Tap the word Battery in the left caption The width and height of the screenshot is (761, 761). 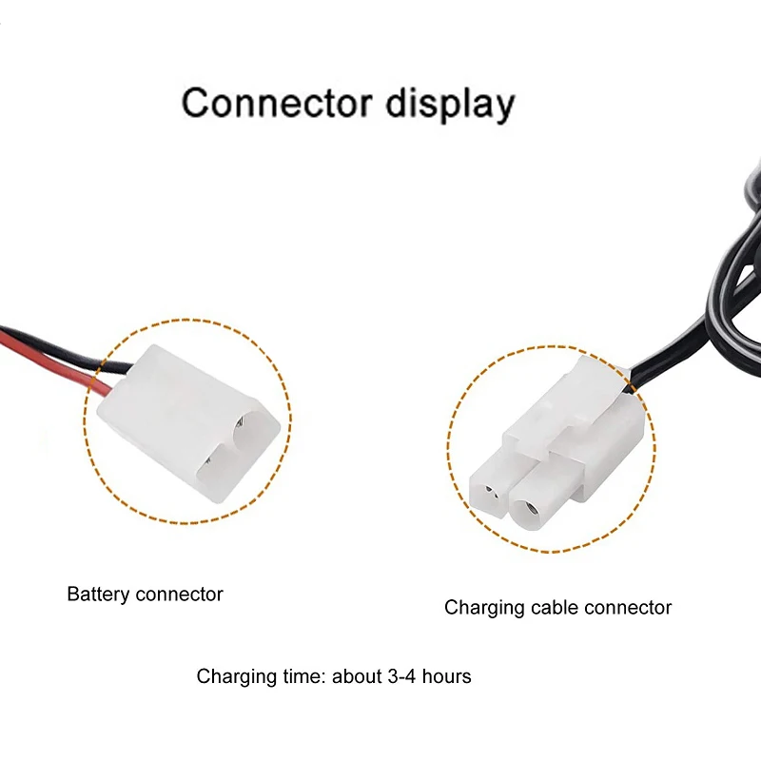tap(98, 595)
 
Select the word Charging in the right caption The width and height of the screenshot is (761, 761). tap(482, 608)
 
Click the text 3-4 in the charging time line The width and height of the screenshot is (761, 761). tap(399, 676)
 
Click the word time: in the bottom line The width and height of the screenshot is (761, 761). tap(297, 676)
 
